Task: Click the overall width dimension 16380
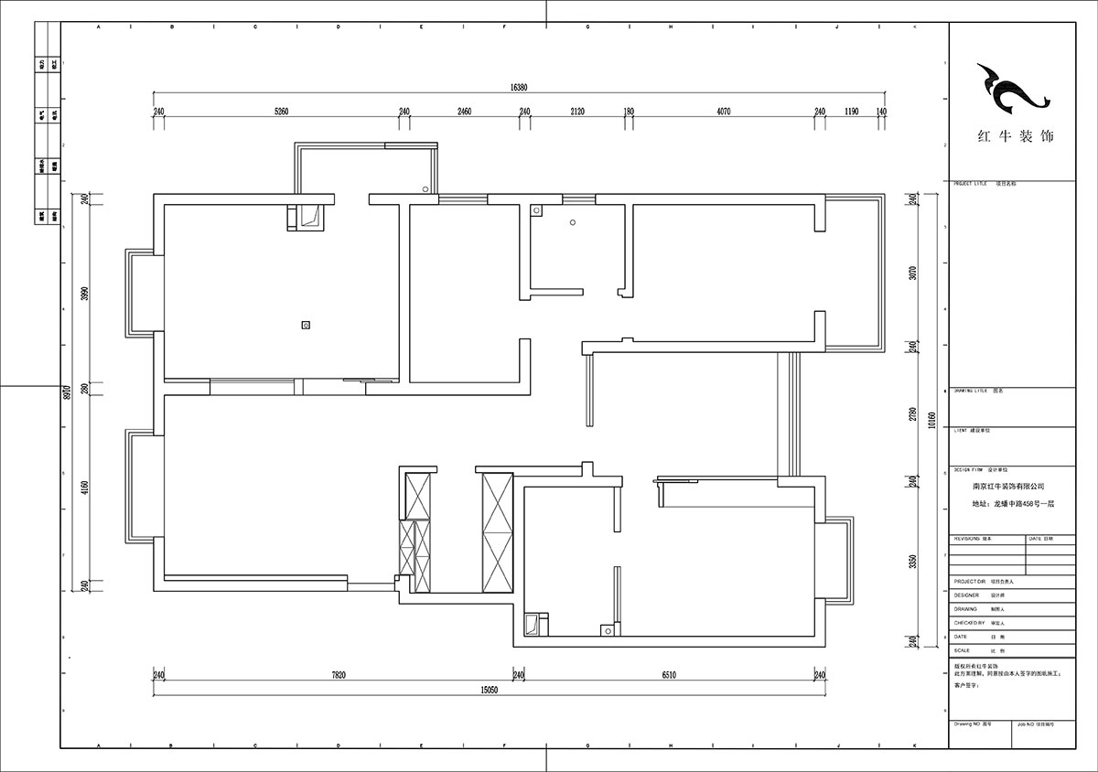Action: pos(520,88)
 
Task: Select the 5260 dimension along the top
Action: pos(281,112)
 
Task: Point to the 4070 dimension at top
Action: pos(722,112)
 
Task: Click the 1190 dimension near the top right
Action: pos(851,112)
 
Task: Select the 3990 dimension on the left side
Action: pos(84,295)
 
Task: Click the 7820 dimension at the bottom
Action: pos(339,675)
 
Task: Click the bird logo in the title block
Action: pos(1010,89)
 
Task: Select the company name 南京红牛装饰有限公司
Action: pos(1008,488)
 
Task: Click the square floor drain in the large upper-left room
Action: pos(306,324)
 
